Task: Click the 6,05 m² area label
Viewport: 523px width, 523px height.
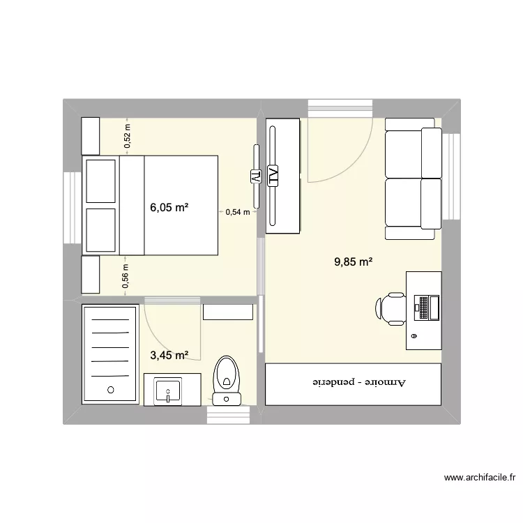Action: tap(169, 207)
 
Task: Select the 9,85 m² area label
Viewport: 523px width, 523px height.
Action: tap(354, 262)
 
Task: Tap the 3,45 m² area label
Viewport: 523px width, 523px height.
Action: tap(169, 356)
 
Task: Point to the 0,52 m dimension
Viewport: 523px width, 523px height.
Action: tap(127, 136)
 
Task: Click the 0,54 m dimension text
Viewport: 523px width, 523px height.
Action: tap(237, 212)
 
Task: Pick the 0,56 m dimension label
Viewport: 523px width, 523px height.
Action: tap(126, 275)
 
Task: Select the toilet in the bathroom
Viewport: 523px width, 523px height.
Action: tap(226, 377)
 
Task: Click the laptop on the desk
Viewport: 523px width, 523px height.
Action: tap(425, 307)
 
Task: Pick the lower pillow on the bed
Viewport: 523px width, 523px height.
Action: tap(100, 229)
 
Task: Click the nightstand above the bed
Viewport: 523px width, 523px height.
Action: tap(91, 136)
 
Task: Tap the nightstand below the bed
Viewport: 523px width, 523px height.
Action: tap(91, 274)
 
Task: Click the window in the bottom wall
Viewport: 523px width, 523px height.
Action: tap(228, 415)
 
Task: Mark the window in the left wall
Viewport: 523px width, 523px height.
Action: tap(73, 207)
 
